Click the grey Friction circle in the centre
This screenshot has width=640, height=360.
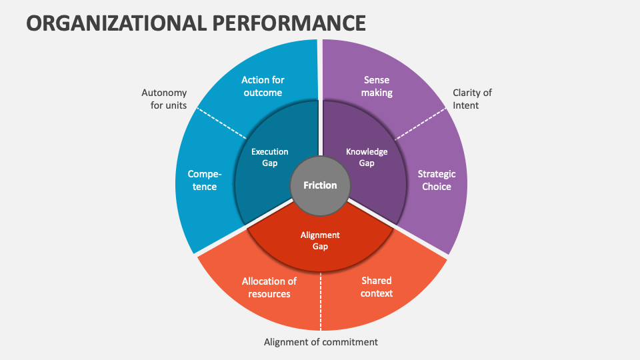pos(320,185)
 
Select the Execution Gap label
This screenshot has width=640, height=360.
pos(269,157)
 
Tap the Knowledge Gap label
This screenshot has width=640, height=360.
pos(367,157)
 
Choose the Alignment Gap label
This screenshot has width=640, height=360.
pos(320,241)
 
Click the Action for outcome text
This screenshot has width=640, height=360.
pos(262,87)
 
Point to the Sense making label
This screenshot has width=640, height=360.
pos(377,87)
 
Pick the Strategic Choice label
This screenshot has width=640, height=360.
pos(437,180)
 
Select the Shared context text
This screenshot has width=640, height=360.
pos(377,287)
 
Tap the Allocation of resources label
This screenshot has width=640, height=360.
pos(269,287)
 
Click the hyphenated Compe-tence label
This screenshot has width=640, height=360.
pos(205,180)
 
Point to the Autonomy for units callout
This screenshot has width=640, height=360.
pos(164,99)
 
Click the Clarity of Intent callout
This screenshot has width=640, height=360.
pos(472,99)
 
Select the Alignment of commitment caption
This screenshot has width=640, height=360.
pos(321,342)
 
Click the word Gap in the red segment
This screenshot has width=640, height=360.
pos(320,246)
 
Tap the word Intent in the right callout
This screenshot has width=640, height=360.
pos(466,105)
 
